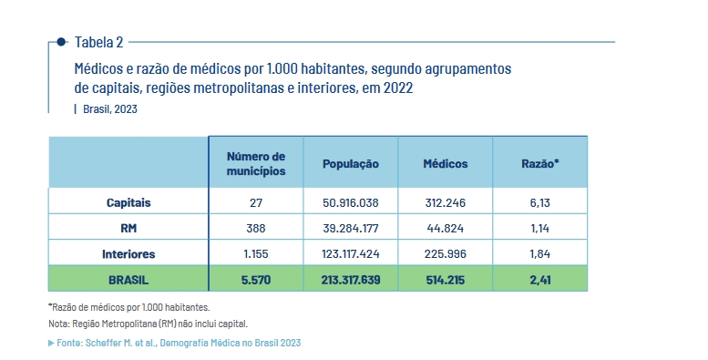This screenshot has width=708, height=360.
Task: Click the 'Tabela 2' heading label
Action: pyautogui.click(x=99, y=42)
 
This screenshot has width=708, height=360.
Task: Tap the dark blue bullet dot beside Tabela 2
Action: pyautogui.click(x=61, y=42)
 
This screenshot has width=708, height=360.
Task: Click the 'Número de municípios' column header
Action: pyautogui.click(x=256, y=163)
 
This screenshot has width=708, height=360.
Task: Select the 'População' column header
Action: pyautogui.click(x=351, y=164)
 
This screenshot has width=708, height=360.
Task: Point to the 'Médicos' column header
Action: pyautogui.click(x=446, y=163)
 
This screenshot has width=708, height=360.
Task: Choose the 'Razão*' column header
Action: pyautogui.click(x=540, y=163)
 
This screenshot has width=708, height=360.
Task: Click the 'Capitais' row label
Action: pyautogui.click(x=128, y=202)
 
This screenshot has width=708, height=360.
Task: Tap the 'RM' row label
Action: pyautogui.click(x=128, y=228)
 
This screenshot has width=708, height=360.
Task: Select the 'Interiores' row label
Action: pyautogui.click(x=128, y=254)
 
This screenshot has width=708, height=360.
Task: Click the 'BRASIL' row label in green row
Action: pyautogui.click(x=128, y=280)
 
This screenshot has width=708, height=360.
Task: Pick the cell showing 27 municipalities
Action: pyautogui.click(x=256, y=202)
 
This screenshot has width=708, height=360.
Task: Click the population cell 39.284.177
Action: pyautogui.click(x=351, y=228)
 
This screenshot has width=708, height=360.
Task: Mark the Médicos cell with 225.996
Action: pyautogui.click(x=446, y=254)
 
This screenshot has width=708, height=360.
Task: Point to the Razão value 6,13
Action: pyautogui.click(x=540, y=202)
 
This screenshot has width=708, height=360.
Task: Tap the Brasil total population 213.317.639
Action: pyautogui.click(x=351, y=280)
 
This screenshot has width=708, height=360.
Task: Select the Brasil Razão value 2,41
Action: pyautogui.click(x=540, y=280)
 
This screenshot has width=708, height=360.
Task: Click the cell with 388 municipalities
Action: pyautogui.click(x=256, y=228)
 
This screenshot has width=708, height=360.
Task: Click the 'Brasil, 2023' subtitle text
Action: pyautogui.click(x=110, y=108)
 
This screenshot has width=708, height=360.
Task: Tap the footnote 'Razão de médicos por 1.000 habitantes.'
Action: pyautogui.click(x=129, y=307)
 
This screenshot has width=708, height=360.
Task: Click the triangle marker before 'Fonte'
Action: pyautogui.click(x=51, y=343)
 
